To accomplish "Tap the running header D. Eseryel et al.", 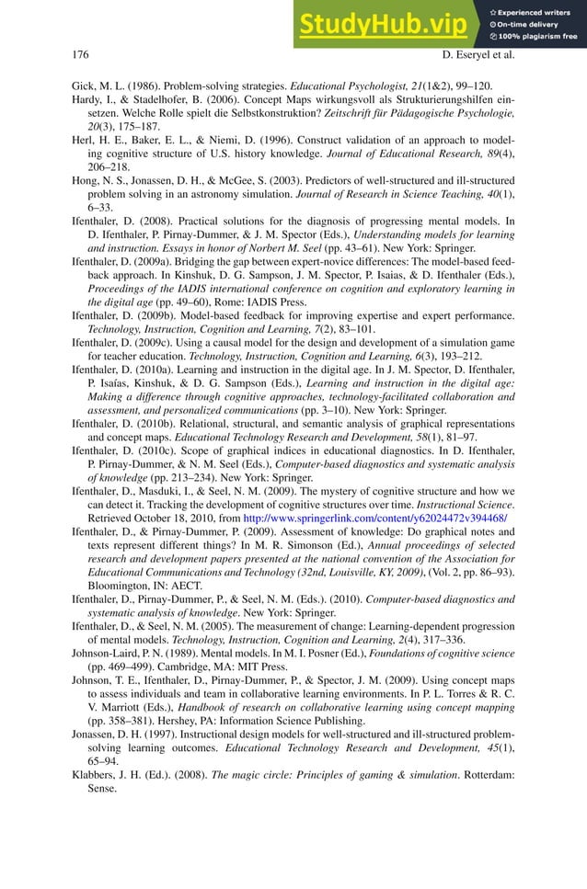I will tap(478, 55).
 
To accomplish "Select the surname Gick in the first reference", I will tap(84, 87).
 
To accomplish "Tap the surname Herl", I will tap(85, 157).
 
